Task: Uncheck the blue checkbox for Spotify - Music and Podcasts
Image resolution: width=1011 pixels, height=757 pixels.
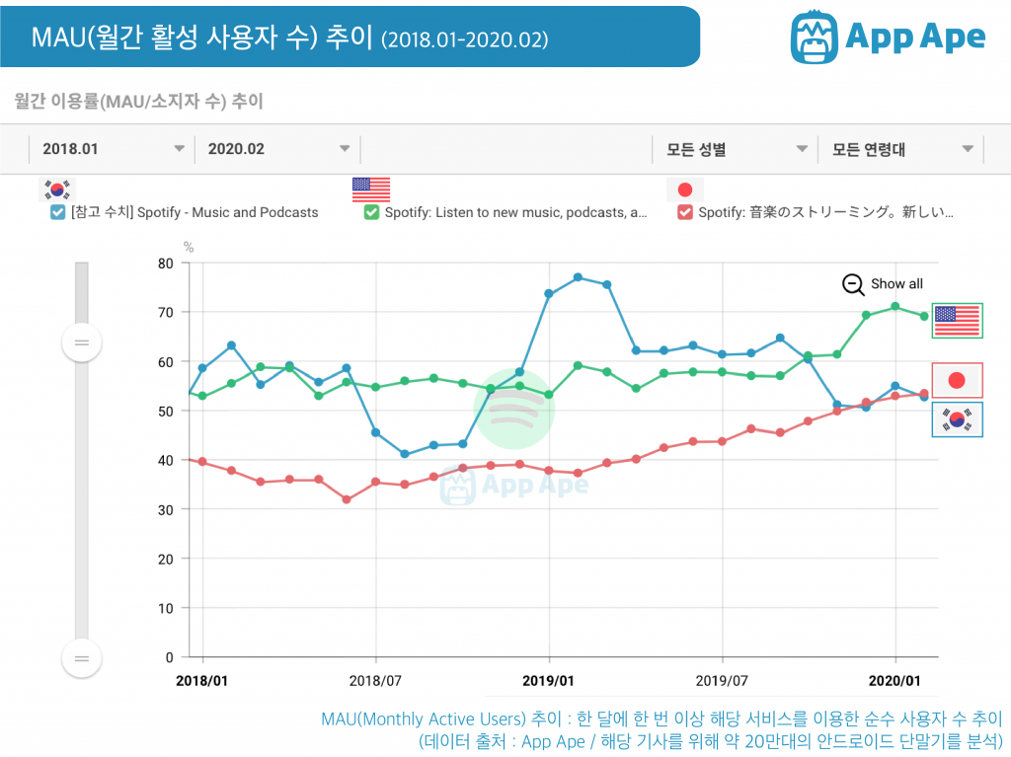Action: point(57,212)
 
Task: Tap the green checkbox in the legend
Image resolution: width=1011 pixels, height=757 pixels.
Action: point(371,212)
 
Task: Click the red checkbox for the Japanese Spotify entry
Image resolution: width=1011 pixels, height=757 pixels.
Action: point(685,212)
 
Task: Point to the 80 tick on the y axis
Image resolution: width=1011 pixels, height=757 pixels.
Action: point(164,263)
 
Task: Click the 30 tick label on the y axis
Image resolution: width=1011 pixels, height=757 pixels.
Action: point(164,509)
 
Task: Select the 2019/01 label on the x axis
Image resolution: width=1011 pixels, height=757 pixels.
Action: point(549,680)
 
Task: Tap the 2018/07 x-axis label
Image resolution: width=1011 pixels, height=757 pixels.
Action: point(376,680)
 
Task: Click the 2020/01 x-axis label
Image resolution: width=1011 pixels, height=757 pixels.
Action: point(895,680)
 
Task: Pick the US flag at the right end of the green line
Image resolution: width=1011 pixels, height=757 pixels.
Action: point(957,320)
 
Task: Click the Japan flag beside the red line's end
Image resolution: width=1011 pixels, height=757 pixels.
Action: point(957,380)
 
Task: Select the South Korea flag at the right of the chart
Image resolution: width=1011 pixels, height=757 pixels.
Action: point(957,420)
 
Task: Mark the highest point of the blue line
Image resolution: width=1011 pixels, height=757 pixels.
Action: point(578,277)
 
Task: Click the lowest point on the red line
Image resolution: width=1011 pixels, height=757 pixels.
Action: point(347,499)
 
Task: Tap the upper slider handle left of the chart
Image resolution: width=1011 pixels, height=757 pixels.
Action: point(81,342)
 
